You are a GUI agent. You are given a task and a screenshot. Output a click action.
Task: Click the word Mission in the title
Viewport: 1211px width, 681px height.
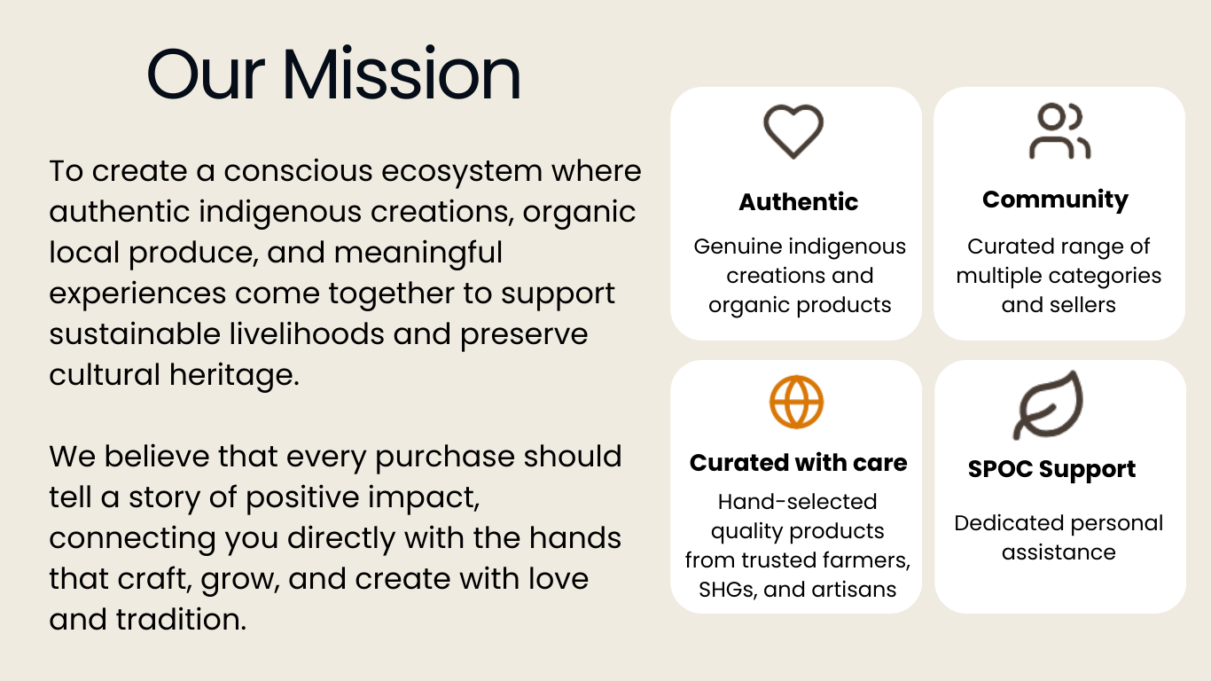coord(401,74)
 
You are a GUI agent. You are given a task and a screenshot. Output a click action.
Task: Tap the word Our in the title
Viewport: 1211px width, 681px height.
coord(206,74)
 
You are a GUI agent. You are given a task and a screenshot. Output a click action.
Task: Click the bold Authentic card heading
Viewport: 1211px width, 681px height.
coord(798,202)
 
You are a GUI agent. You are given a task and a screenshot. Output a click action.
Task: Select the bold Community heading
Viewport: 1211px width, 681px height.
coord(1055,200)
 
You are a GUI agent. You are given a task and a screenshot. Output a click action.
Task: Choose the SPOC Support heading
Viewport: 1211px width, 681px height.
coord(1051,469)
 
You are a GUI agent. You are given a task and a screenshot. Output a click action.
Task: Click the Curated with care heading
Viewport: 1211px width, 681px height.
coord(798,463)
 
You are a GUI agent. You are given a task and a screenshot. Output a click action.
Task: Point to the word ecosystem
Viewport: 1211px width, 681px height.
coord(462,172)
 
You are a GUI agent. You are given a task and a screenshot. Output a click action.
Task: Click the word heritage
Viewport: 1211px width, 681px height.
coord(234,375)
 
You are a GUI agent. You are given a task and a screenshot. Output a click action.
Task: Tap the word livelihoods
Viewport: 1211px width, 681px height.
coord(307,333)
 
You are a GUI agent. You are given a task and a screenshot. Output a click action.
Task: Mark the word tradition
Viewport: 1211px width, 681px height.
coord(181,619)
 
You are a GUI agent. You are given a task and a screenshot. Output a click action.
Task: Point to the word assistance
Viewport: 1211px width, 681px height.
coord(1059,552)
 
